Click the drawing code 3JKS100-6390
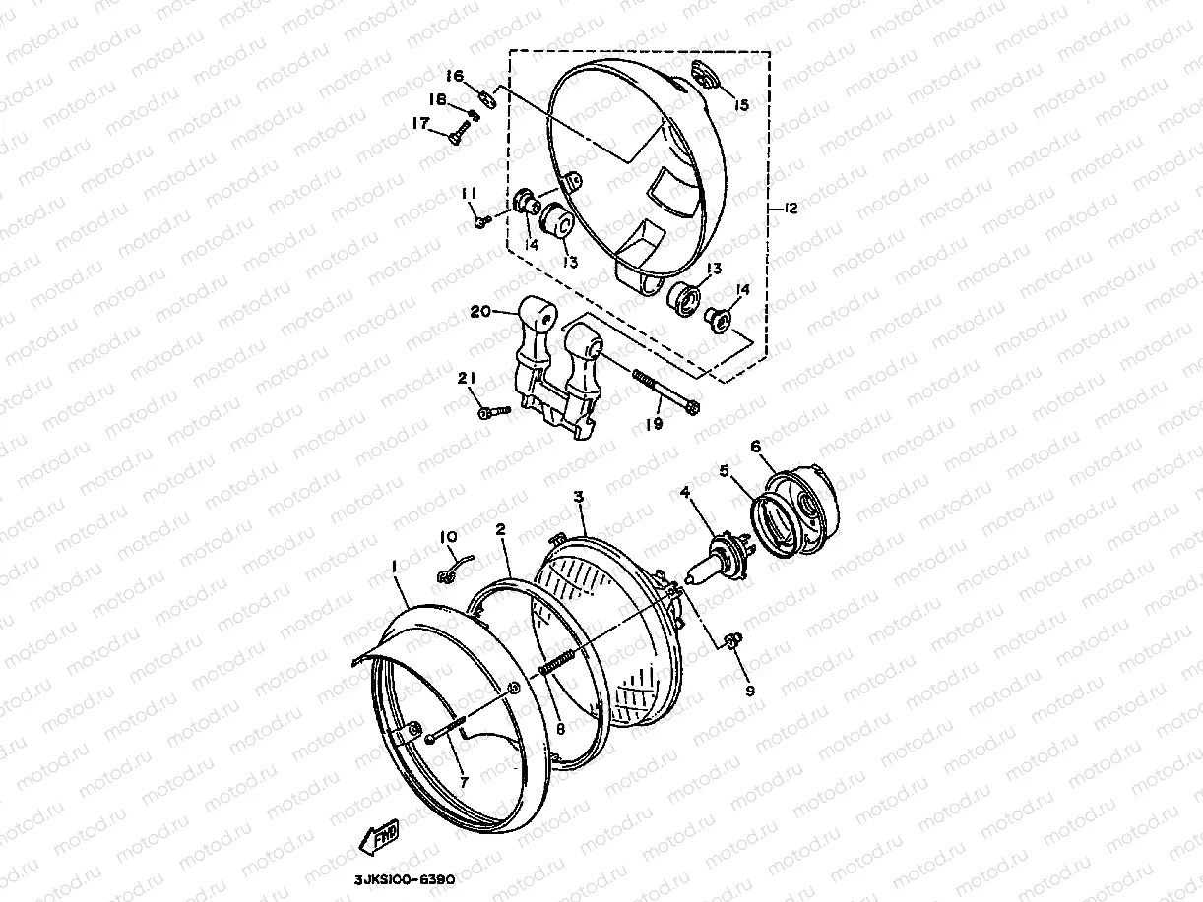pos(405,880)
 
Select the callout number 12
pos(790,209)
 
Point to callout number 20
pos(480,312)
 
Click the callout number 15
pos(741,104)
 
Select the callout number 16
pos(455,76)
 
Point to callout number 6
pos(756,447)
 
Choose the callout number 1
pos(394,568)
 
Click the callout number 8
pos(559,729)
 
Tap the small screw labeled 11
pos(482,221)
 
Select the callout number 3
pos(579,497)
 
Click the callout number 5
pos(725,470)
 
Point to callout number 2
pos(500,529)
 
